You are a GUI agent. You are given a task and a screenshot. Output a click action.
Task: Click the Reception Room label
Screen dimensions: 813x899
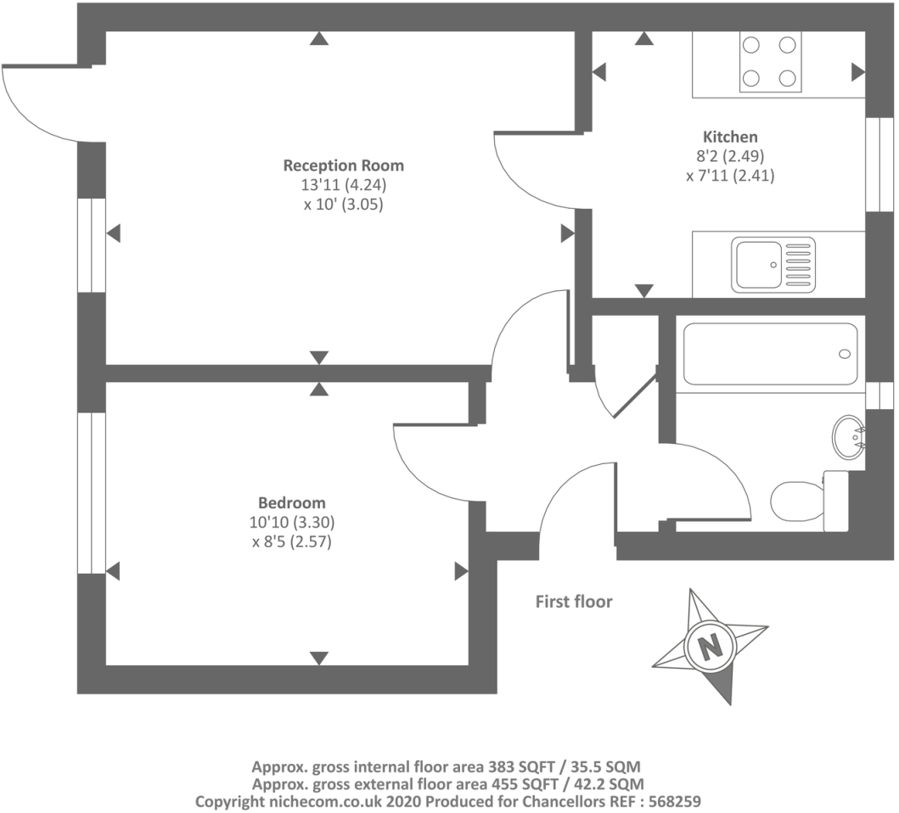pos(343,165)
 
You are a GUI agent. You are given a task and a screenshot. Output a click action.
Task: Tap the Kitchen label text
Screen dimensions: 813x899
pos(730,137)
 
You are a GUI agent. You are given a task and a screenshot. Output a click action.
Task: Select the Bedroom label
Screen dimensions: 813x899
pos(291,503)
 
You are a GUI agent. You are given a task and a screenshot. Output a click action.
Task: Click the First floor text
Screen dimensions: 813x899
pos(573,602)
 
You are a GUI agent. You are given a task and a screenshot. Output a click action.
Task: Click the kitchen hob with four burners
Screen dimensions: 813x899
pos(771,62)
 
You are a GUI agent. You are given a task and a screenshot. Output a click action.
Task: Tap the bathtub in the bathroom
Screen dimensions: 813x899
pos(771,353)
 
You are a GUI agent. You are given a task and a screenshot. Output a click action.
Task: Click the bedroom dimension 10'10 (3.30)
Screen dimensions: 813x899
pos(291,522)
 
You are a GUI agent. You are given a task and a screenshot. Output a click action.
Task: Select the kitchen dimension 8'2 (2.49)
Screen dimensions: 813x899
pos(730,157)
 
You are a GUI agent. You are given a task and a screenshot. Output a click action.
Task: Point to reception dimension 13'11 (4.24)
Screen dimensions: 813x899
pos(343,185)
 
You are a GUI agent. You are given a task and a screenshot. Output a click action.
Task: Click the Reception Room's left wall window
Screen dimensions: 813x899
pos(91,246)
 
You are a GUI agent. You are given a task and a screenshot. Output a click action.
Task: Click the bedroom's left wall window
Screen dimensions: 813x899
pos(91,493)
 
